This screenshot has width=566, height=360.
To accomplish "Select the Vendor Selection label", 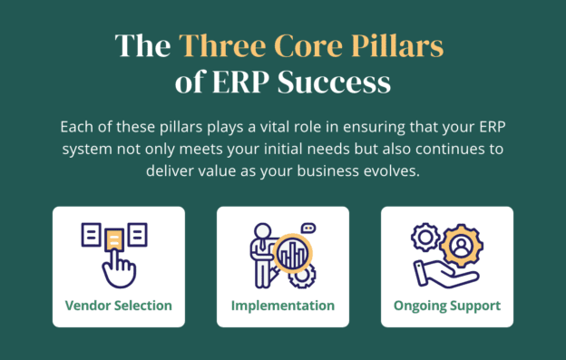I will (119, 306).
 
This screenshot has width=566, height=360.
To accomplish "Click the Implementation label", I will (283, 306).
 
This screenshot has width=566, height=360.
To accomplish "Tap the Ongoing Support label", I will (447, 306).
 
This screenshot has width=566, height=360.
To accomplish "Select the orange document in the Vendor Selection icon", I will (114, 238).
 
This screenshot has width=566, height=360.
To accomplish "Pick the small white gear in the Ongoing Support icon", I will (423, 238).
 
